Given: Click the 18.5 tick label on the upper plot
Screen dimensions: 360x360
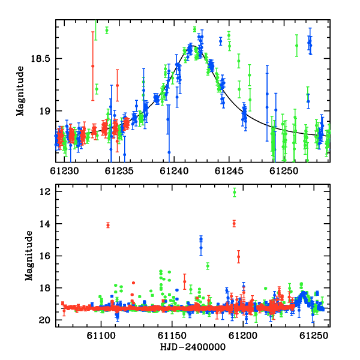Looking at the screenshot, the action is (40, 59).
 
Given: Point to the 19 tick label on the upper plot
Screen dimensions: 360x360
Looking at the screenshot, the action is (44, 112).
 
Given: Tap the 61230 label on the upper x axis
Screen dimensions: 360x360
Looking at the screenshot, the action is (64, 171).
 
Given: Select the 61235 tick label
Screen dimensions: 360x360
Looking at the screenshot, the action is (119, 171).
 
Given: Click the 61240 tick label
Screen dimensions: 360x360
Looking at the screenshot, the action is (174, 171).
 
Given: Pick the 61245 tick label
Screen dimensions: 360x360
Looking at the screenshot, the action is (229, 171).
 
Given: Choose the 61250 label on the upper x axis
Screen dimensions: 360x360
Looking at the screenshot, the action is (284, 171).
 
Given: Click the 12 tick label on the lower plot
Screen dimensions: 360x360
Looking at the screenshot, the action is (45, 192).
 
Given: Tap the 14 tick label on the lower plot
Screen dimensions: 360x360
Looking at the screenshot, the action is (45, 224).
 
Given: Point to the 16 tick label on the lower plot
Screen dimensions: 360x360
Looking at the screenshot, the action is (45, 256).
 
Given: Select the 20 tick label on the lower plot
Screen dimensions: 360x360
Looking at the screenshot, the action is (45, 320).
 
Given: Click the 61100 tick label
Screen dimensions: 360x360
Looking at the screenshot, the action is (101, 336).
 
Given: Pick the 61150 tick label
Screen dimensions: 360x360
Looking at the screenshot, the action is (172, 336).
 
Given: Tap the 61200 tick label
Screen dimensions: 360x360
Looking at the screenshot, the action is (243, 336).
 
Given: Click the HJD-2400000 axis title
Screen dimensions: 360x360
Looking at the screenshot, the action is (193, 347).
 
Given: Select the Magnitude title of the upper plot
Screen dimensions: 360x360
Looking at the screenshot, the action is (20, 91).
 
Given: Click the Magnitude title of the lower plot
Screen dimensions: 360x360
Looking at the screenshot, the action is (29, 256).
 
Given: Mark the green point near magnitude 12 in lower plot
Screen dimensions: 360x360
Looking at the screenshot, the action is (235, 193).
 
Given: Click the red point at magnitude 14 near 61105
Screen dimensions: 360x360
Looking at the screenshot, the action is (108, 225).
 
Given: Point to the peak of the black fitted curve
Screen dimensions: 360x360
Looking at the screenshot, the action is (193, 46).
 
